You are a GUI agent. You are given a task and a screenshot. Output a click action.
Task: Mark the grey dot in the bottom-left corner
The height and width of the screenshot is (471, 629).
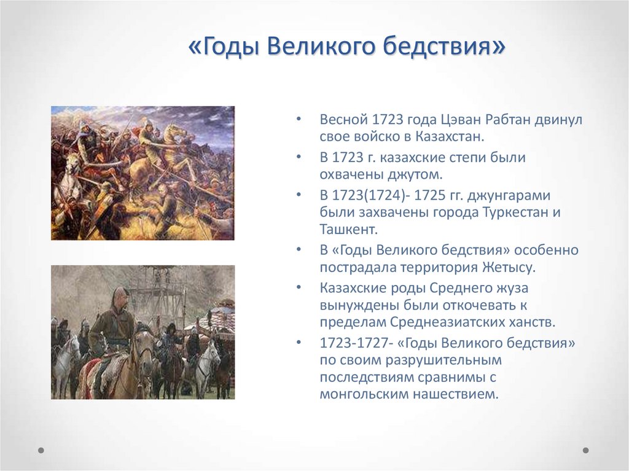coord(41,450)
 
